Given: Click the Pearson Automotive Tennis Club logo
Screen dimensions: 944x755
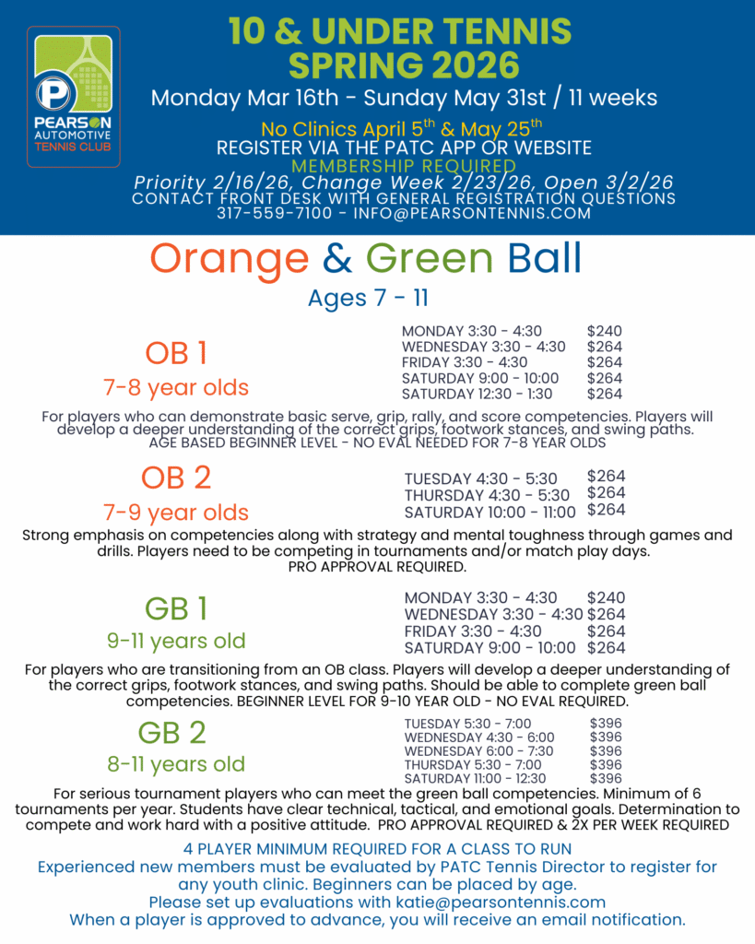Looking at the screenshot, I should click(74, 97).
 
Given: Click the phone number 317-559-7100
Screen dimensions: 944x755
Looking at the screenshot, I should click(269, 214).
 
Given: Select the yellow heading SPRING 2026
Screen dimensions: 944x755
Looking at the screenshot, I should click(404, 66).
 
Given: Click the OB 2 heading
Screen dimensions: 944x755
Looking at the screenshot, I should click(176, 478).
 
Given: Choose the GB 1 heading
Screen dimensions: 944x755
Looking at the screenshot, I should click(176, 608).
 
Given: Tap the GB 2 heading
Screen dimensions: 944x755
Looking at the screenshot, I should click(172, 732).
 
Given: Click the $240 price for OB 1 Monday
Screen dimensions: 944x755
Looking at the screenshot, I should click(604, 331).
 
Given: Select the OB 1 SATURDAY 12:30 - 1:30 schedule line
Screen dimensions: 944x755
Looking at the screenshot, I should click(478, 394).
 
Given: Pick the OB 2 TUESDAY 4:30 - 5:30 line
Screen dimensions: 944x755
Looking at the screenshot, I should click(480, 478).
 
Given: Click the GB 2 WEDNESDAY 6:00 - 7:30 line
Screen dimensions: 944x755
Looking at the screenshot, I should click(479, 751).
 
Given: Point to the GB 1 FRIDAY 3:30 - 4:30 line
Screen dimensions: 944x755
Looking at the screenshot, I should click(473, 631).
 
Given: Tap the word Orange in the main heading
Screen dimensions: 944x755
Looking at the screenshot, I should click(230, 259).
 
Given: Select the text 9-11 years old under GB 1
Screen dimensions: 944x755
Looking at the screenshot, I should click(175, 640).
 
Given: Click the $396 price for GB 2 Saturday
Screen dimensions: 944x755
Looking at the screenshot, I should click(606, 778).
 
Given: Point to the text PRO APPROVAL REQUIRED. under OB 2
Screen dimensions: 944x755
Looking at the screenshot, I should click(377, 567).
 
